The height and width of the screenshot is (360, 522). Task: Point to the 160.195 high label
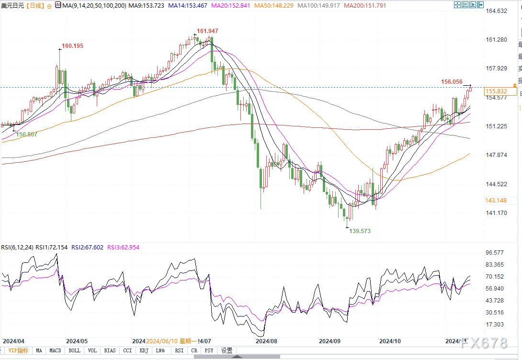(x=72, y=46)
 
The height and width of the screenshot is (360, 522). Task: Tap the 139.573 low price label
(x=360, y=231)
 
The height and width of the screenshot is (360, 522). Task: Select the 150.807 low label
(x=27, y=135)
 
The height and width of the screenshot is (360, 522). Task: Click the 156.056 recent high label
(x=452, y=82)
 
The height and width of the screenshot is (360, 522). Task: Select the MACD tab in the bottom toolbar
(x=55, y=350)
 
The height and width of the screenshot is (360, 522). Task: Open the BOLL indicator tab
(x=74, y=350)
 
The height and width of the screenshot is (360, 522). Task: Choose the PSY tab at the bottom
(x=209, y=350)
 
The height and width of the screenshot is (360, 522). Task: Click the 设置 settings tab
(x=227, y=350)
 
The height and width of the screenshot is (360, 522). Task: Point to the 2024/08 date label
(x=267, y=341)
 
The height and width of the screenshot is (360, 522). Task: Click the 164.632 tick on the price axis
(x=496, y=11)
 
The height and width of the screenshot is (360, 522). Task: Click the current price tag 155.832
(x=496, y=91)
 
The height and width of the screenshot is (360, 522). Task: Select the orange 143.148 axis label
(x=496, y=201)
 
